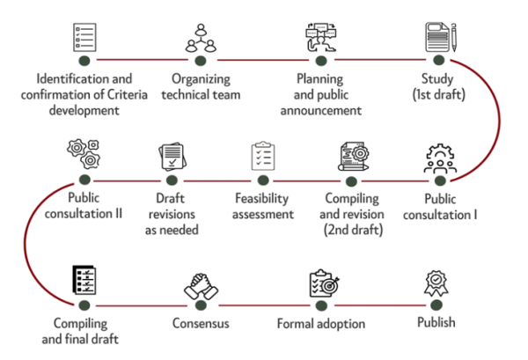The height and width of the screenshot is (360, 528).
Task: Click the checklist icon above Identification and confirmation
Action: [x=84, y=37]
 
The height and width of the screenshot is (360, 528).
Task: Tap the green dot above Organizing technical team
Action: [x=201, y=61]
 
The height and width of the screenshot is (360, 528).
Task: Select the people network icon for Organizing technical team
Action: [x=201, y=38]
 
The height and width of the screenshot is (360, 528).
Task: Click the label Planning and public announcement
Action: [x=321, y=95]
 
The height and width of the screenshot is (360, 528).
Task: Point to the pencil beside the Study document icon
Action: [x=454, y=37]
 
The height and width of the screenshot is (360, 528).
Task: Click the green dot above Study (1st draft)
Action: [x=438, y=60]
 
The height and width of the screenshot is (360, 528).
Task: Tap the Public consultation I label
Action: [x=440, y=207]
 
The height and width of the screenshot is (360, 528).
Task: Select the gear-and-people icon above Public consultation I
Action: [x=440, y=158]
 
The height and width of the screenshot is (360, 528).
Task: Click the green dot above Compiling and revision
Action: [x=351, y=181]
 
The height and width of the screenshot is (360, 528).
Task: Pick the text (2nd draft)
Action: [x=353, y=230]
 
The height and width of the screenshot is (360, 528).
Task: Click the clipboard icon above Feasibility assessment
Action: [x=263, y=156]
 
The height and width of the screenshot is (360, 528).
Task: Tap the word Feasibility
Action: [x=261, y=199]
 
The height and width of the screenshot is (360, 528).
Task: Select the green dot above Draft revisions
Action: [x=172, y=180]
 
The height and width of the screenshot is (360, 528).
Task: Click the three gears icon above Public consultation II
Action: [x=84, y=153]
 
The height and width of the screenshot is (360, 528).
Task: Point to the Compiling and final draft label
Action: [x=80, y=331]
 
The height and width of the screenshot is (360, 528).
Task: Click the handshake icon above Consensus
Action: [x=201, y=286]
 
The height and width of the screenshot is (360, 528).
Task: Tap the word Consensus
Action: [x=201, y=323]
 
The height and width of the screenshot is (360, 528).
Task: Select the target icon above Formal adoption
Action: [x=324, y=283]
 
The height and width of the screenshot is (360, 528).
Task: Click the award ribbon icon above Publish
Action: [x=436, y=283]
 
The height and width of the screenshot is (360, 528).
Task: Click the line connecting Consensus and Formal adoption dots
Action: [x=264, y=305]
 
